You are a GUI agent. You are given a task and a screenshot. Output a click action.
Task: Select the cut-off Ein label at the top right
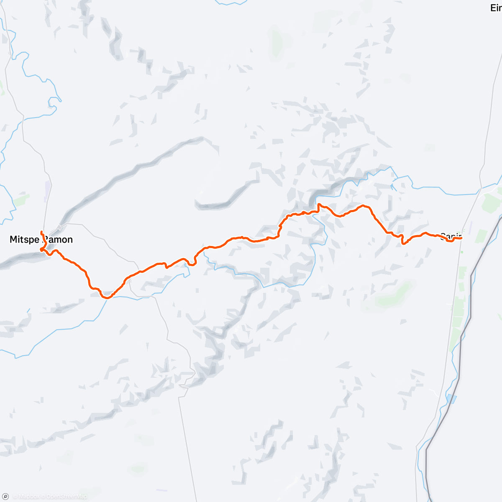point(496,8)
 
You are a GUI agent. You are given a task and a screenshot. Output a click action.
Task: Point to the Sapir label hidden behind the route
point(450,236)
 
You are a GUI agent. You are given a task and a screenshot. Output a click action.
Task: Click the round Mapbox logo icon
point(5,497)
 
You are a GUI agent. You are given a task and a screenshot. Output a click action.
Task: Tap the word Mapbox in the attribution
point(29,497)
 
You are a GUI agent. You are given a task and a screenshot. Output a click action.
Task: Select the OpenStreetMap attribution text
point(67,497)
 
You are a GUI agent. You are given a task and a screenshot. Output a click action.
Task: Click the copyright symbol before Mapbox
point(15,497)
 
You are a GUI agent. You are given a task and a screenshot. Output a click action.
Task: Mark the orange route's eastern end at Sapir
point(461,238)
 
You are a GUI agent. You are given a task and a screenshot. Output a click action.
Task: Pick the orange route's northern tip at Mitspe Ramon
point(41,231)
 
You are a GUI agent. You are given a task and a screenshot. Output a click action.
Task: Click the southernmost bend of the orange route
point(107,298)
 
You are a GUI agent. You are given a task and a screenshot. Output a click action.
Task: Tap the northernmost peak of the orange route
point(319,204)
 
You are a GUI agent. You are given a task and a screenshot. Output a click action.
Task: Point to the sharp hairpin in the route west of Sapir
point(403,241)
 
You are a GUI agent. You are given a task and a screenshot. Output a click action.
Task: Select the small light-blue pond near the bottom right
point(451,398)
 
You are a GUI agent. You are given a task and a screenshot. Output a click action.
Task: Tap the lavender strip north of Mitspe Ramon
point(48,190)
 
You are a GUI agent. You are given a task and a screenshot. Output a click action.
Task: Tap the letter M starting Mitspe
point(13,240)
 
